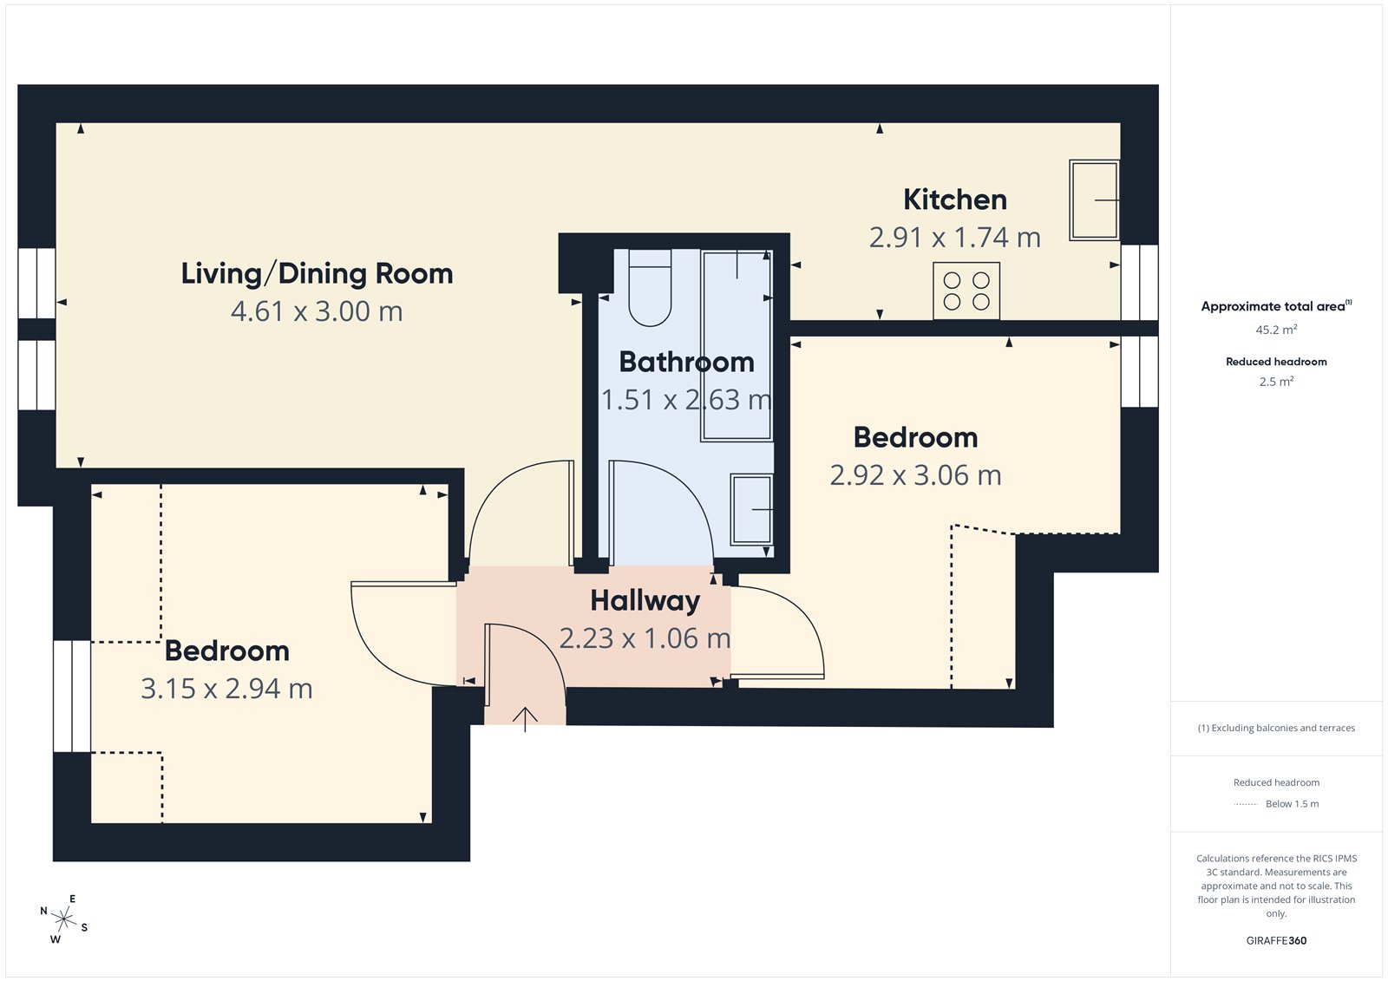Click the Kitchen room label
(x=955, y=199)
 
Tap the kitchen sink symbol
(x=1094, y=199)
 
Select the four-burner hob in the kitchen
(x=966, y=291)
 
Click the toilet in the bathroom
(x=650, y=288)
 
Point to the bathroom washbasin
(x=751, y=509)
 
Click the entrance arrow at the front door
(x=525, y=718)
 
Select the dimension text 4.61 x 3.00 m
(x=317, y=311)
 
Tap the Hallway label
(x=645, y=600)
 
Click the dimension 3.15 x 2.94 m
(x=226, y=689)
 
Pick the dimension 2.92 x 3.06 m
(x=915, y=475)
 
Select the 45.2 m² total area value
(x=1276, y=330)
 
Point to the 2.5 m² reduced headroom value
(x=1276, y=382)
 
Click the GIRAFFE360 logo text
(x=1276, y=940)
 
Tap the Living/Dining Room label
(x=317, y=273)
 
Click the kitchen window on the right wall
(x=1139, y=283)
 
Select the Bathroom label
(x=686, y=362)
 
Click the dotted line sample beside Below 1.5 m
(x=1246, y=804)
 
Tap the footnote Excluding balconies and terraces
(x=1276, y=728)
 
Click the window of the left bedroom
(x=72, y=697)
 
